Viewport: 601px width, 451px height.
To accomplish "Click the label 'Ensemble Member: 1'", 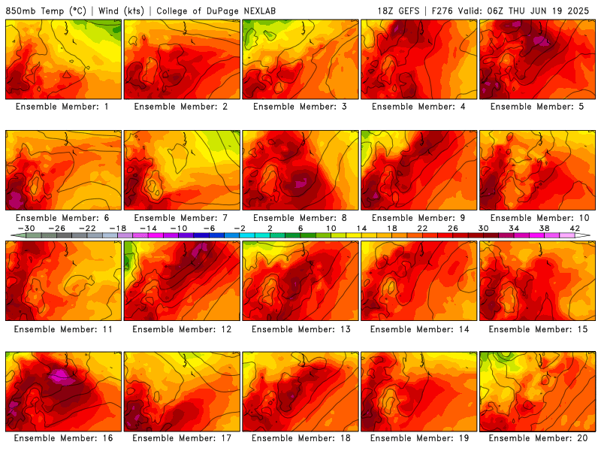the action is [x=62, y=107].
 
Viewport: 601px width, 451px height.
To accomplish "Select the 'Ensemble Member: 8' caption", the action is [x=300, y=218].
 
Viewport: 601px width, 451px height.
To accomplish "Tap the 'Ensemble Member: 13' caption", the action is [x=301, y=329].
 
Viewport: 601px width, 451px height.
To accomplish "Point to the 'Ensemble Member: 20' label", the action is [x=538, y=438].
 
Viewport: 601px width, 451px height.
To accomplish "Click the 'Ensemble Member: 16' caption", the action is [x=63, y=438].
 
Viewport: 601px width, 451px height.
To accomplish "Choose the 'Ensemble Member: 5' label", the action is [x=537, y=107].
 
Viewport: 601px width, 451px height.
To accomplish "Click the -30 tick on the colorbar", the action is [x=26, y=229].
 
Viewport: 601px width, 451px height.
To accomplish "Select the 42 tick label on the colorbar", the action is [x=575, y=229].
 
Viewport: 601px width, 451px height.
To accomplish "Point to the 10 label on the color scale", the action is [x=331, y=229].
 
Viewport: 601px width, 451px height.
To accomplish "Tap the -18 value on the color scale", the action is [x=118, y=229].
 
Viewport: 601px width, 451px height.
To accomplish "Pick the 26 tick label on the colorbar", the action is [x=453, y=229].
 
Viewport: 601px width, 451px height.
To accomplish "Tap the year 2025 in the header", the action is [x=578, y=11].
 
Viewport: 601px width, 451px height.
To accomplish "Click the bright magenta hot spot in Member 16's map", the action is [x=62, y=377].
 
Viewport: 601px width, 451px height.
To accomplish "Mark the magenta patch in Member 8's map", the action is [x=301, y=183].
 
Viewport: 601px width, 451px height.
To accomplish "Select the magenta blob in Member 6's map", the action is [x=15, y=200].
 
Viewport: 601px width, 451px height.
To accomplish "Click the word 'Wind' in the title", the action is [x=108, y=11].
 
